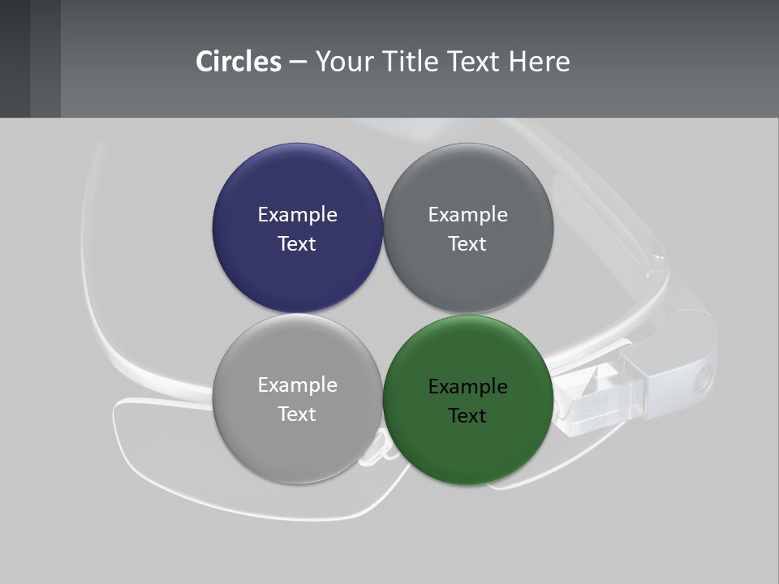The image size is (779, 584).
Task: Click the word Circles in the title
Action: pyautogui.click(x=239, y=62)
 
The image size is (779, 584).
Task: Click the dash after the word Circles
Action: pyautogui.click(x=298, y=62)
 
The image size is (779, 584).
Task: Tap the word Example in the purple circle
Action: pyautogui.click(x=297, y=214)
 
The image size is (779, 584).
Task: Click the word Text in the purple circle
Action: pyautogui.click(x=297, y=243)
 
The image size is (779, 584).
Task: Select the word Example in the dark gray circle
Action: pyautogui.click(x=467, y=214)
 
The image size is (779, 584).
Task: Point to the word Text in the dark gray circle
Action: pyautogui.click(x=467, y=243)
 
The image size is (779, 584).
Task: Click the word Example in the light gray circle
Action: pyautogui.click(x=297, y=384)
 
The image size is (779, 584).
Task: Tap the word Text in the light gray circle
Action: pyautogui.click(x=297, y=414)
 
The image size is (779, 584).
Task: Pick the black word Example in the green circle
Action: pyautogui.click(x=467, y=386)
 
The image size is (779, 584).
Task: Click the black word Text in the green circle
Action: pyautogui.click(x=467, y=415)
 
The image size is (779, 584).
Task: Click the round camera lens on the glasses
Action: pyautogui.click(x=703, y=375)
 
